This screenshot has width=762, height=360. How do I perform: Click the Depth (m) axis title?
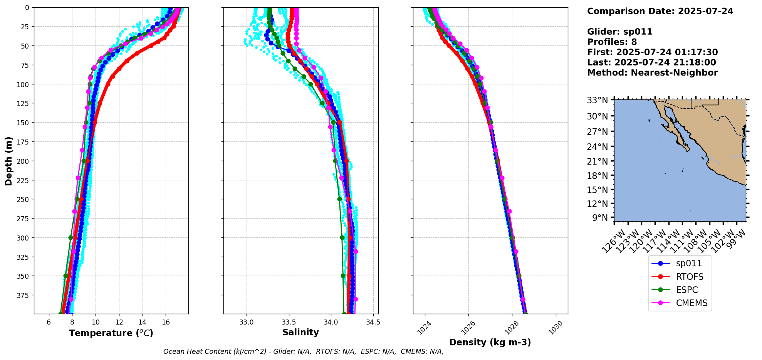tap(8, 161)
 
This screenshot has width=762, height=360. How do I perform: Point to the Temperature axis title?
tap(111, 333)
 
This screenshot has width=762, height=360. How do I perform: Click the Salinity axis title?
tap(300, 333)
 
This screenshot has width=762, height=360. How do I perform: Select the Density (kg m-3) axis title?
tap(490, 342)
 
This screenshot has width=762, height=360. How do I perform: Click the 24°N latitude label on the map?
tap(597, 146)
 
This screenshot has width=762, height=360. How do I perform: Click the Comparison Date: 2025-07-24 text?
tap(660, 11)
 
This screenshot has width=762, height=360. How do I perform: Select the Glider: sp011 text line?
tap(619, 32)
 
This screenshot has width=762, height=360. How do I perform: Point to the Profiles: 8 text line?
tap(612, 42)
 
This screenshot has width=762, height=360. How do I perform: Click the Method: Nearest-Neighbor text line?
tap(652, 73)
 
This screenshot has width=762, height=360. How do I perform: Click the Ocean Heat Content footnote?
tap(303, 352)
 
